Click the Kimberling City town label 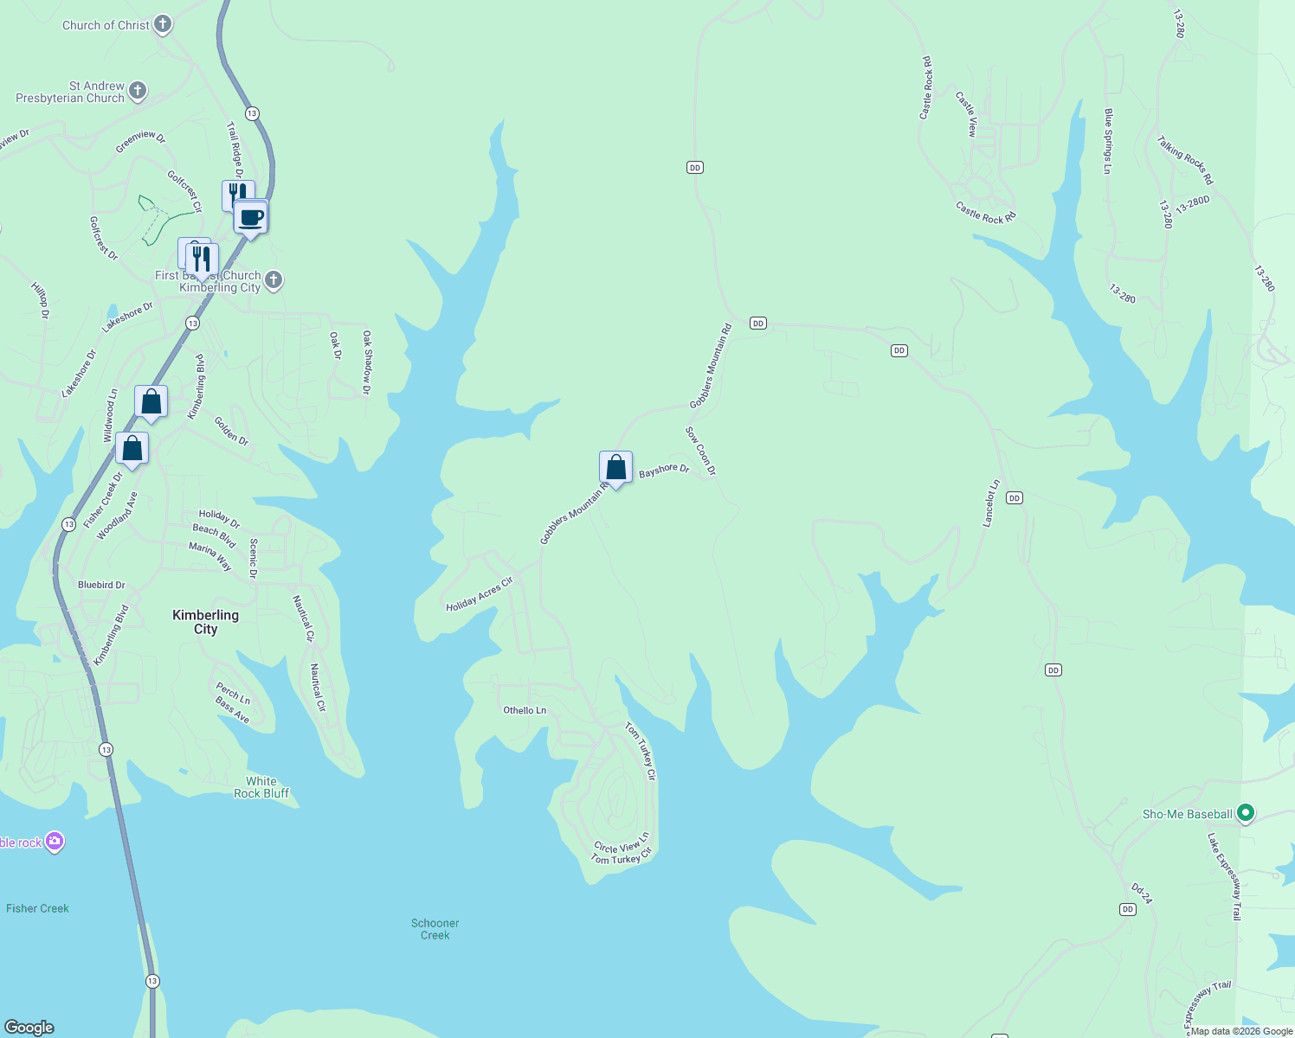205,622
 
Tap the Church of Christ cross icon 163,24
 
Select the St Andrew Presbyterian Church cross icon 137,91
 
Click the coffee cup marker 251,216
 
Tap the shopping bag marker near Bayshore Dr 615,468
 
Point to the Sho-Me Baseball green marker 1246,813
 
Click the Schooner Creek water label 435,929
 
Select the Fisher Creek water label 37,908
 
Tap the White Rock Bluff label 261,787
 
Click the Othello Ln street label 525,710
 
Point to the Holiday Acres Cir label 480,594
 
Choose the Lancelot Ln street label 991,503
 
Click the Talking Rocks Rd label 1185,160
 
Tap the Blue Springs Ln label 1107,141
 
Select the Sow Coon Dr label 700,451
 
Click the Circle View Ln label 622,843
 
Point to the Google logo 29,1027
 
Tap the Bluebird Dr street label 101,585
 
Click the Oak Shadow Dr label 367,362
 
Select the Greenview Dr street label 140,141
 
